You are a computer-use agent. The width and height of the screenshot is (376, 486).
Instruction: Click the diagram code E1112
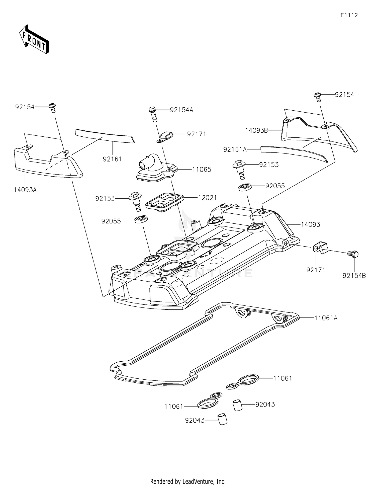click(349, 15)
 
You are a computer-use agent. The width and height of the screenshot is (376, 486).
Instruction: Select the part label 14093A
click(25, 190)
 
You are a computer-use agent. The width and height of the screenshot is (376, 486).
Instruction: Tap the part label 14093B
click(256, 130)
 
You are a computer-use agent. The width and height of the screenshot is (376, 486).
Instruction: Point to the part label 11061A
click(326, 318)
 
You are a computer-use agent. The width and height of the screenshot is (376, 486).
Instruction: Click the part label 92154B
click(354, 276)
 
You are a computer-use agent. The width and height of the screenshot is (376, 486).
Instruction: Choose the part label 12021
click(207, 198)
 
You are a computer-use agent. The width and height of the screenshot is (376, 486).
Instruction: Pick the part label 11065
click(202, 170)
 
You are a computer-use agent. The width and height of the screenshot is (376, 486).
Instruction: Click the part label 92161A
click(235, 149)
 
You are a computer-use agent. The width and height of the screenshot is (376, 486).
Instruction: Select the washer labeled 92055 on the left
click(141, 219)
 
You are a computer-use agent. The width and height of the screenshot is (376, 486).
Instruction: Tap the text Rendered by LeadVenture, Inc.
click(188, 481)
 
